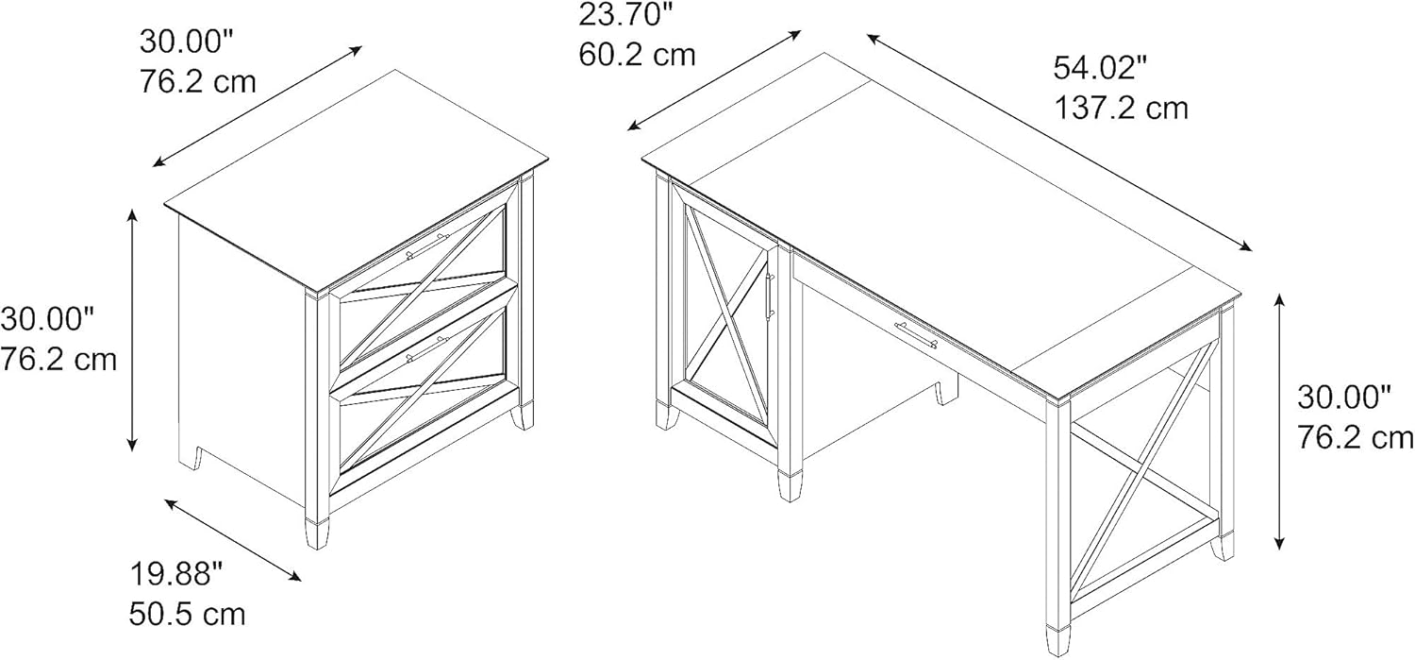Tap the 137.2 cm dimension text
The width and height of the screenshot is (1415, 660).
[x=1122, y=108]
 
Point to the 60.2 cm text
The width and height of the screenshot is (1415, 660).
[x=638, y=55]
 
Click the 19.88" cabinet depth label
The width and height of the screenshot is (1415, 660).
[x=177, y=574]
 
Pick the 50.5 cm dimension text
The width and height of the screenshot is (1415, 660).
[x=188, y=615]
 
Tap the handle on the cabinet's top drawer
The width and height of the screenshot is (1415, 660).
[x=427, y=245]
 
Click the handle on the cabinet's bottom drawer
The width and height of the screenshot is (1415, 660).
[x=427, y=349]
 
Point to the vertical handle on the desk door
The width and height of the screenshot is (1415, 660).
[x=770, y=296]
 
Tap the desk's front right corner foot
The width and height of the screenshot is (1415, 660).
[x=1057, y=640]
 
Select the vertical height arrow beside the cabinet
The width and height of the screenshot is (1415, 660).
[x=132, y=330]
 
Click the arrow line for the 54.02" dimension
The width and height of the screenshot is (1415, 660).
[x=1059, y=143]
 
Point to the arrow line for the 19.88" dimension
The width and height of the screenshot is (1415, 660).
[x=233, y=539]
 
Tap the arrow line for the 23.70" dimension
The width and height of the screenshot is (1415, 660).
[x=714, y=80]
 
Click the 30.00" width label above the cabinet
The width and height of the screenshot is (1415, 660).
[x=187, y=42]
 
